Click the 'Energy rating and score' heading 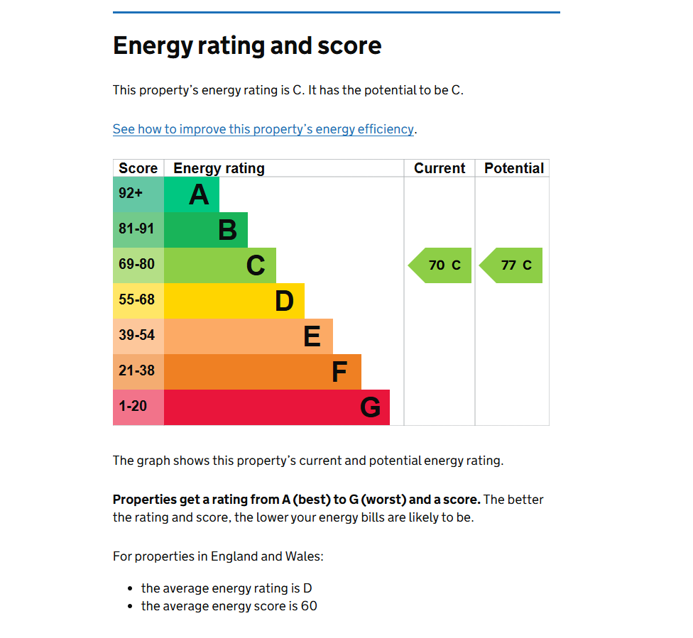(247, 46)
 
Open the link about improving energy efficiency (263, 129)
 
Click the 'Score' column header (138, 168)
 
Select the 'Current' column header (440, 168)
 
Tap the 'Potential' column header (513, 168)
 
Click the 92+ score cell (131, 193)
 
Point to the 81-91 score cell (136, 229)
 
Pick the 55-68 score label (136, 299)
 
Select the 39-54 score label (136, 335)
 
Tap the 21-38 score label (136, 370)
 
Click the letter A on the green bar (199, 194)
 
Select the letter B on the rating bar (227, 230)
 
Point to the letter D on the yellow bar (284, 301)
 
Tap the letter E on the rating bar (312, 336)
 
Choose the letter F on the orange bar (339, 372)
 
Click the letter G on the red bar (370, 407)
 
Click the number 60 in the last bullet (308, 606)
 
